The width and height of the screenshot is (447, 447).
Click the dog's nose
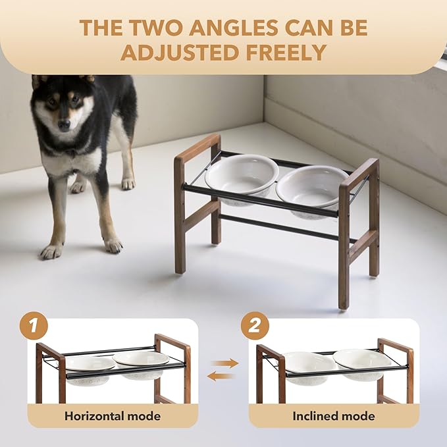(64, 124)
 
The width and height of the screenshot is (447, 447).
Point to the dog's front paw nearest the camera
(52, 251)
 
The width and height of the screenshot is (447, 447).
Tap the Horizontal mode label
(113, 416)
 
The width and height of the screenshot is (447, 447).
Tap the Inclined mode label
(334, 416)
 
